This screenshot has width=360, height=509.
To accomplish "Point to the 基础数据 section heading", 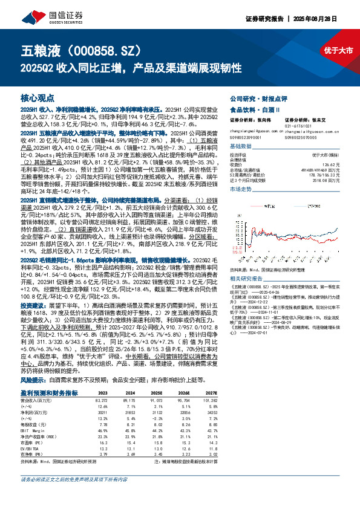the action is [242, 147].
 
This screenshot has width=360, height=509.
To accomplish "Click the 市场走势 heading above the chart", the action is [242, 189].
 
